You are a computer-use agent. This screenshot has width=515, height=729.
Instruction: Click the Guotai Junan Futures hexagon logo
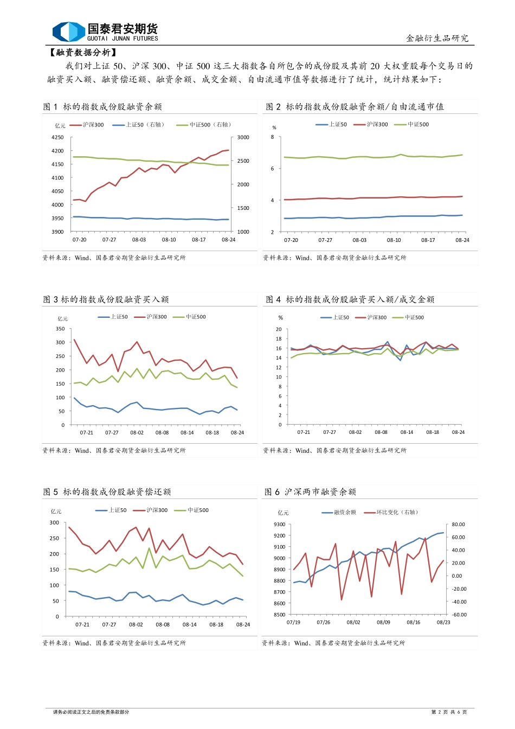[68, 31]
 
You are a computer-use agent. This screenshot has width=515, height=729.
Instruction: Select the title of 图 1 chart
[102, 107]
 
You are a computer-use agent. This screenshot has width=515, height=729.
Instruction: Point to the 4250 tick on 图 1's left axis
[57, 138]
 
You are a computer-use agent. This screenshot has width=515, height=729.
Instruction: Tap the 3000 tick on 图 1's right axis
[243, 138]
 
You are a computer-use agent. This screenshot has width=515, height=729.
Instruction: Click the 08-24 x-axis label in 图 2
[462, 240]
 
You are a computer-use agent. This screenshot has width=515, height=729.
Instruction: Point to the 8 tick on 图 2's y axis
[273, 137]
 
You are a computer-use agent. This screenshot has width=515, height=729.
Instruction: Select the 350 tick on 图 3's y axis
[60, 329]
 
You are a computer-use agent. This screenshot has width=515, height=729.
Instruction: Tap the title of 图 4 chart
[350, 299]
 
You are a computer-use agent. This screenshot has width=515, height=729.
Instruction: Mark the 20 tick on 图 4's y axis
[279, 330]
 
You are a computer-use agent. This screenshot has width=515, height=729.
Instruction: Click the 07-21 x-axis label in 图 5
[82, 625]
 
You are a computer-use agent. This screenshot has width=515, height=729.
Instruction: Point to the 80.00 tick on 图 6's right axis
[458, 525]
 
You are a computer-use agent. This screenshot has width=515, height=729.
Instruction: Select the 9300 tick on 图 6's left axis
[279, 525]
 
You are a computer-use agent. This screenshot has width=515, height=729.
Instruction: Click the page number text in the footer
[449, 712]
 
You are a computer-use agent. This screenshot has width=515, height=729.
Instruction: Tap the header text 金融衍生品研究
[437, 39]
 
